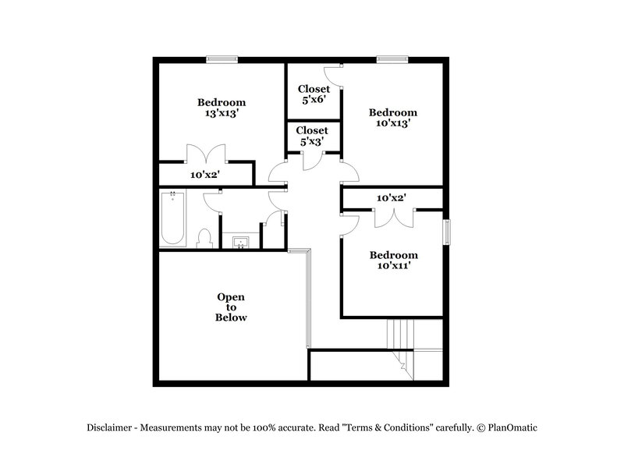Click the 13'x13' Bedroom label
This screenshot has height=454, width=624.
(222, 108)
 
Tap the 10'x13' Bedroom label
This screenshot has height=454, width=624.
(392, 117)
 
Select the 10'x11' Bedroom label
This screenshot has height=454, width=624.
(393, 261)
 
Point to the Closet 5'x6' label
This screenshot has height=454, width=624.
(313, 94)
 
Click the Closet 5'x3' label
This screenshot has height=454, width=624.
(312, 137)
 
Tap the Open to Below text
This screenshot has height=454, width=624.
(231, 307)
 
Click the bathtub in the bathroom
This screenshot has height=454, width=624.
(172, 219)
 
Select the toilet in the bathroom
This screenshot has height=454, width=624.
(204, 238)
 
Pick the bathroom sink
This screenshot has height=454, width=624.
(241, 241)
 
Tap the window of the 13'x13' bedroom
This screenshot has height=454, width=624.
(222, 59)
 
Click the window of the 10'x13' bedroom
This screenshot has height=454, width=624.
(392, 59)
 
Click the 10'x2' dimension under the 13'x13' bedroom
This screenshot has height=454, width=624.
(205, 175)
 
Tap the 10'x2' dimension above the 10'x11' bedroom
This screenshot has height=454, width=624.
(392, 199)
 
